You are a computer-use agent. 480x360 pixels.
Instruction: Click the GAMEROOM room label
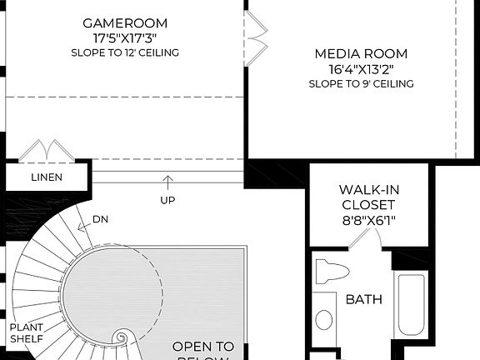tap(125, 22)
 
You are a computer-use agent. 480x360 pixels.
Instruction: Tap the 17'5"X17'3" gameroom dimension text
tap(125, 37)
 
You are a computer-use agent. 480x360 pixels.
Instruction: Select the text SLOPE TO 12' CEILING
tap(125, 52)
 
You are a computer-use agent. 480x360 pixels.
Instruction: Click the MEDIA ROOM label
tap(361, 54)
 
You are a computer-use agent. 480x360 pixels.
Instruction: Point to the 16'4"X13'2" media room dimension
tap(361, 69)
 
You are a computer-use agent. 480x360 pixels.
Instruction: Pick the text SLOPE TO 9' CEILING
tap(361, 83)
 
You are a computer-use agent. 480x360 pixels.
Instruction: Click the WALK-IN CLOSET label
tap(367, 197)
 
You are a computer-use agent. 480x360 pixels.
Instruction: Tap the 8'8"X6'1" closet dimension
tap(367, 220)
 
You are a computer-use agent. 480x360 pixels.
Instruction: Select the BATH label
tap(364, 298)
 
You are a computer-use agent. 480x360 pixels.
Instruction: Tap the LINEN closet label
tap(47, 177)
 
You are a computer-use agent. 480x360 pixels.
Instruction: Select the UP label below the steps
tap(167, 200)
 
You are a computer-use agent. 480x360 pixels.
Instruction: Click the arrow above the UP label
tap(167, 182)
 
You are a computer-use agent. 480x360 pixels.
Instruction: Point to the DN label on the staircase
tap(100, 219)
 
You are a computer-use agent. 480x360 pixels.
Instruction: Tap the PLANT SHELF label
tap(27, 333)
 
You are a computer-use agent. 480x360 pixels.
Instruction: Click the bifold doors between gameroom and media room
tap(257, 32)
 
